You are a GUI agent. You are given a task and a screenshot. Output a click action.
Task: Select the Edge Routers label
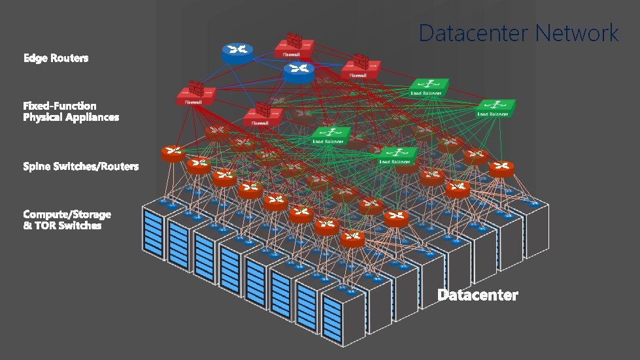(56, 58)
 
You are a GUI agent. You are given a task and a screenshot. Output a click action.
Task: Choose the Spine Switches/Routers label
(80, 167)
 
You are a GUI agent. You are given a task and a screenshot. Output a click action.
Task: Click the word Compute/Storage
(67, 214)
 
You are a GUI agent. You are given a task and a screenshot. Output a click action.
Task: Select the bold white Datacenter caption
(477, 295)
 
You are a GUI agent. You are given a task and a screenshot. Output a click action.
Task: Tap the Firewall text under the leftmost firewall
(193, 102)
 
